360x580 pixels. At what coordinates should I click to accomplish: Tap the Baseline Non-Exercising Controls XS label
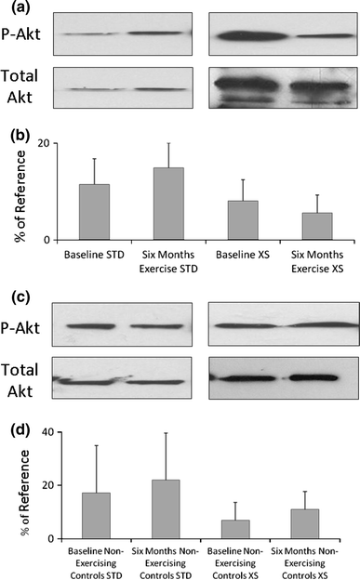coord(220,561)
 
